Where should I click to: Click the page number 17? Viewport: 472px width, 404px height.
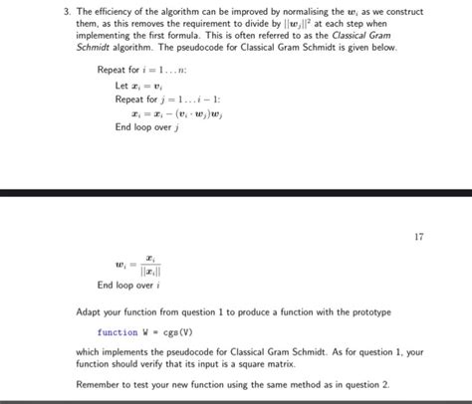418,237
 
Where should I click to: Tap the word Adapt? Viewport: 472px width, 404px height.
91,311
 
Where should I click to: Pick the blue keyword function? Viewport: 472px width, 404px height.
118,332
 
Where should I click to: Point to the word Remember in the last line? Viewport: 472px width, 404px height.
103,384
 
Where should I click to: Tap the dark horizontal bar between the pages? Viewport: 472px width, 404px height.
236,190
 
